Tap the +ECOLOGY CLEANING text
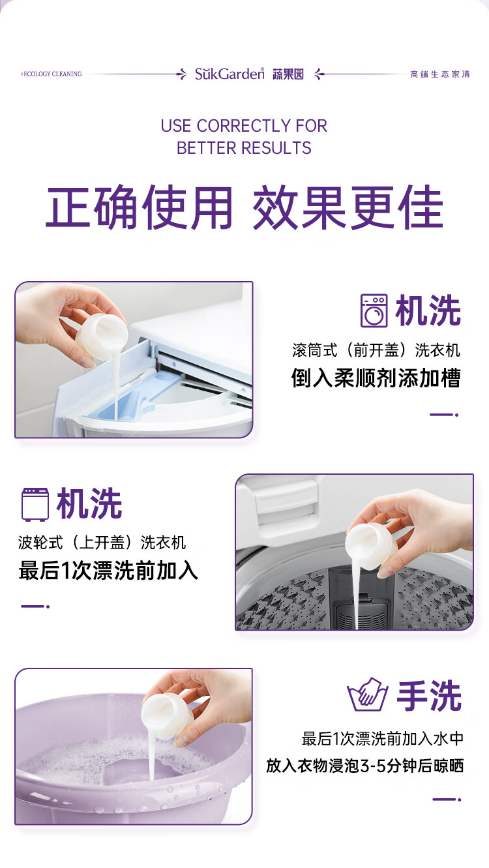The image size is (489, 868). tap(51, 74)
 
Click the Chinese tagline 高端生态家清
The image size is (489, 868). tap(440, 74)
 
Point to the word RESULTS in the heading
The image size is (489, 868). tap(276, 148)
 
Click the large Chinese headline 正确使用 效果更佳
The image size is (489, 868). tap(244, 207)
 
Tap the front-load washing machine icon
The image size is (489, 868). tap(374, 311)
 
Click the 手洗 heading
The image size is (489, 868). tap(429, 696)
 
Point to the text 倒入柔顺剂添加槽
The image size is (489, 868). tap(376, 378)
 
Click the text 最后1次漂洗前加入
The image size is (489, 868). tap(108, 570)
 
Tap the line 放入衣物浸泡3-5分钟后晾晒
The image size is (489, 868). tap(364, 766)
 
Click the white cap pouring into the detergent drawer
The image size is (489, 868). tap(102, 334)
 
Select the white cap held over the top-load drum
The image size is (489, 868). tap(371, 546)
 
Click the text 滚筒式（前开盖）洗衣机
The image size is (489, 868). tap(376, 350)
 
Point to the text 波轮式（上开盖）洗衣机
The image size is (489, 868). tap(102, 542)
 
